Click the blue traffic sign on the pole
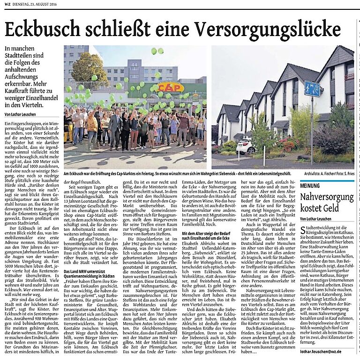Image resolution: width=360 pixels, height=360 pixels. point(312,89)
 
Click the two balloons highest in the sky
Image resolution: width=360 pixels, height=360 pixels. point(157,51)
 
